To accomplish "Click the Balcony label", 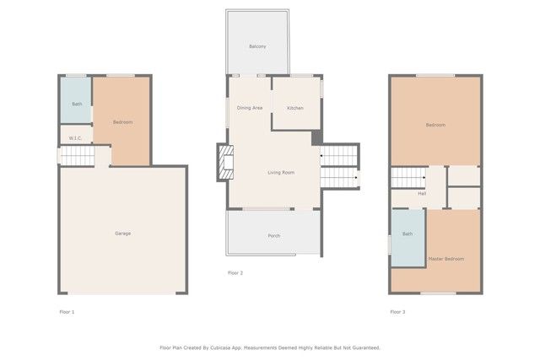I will click(x=257, y=46).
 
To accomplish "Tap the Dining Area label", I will click(x=250, y=108).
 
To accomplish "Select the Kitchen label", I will click(x=294, y=108).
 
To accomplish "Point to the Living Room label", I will click(x=281, y=173).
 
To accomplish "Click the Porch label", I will click(x=273, y=235).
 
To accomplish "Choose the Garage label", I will click(x=122, y=233).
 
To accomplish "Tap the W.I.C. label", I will click(x=75, y=137).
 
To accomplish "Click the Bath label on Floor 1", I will click(x=77, y=105).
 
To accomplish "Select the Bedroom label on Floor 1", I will click(x=122, y=122).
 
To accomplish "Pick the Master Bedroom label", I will click(x=445, y=259).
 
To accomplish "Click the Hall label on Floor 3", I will click(x=421, y=193).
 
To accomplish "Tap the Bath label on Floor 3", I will click(x=408, y=234).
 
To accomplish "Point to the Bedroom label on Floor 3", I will click(x=435, y=125).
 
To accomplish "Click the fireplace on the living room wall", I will click(x=225, y=163).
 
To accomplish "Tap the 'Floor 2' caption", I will click(x=235, y=273).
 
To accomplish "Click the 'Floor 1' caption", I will click(x=67, y=312).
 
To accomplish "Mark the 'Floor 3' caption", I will click(x=397, y=312).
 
